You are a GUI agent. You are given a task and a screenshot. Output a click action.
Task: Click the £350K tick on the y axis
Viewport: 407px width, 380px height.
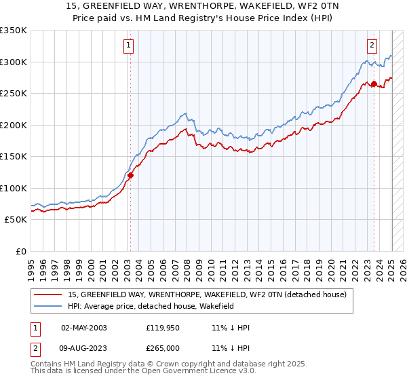(x=13, y=31)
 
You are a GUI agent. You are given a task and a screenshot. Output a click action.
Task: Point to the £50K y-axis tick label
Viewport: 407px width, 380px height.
(x=16, y=220)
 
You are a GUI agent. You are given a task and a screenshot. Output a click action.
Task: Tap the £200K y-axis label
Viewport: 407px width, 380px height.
(x=13, y=125)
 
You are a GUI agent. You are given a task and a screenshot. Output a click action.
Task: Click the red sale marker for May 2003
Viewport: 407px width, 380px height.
(x=131, y=175)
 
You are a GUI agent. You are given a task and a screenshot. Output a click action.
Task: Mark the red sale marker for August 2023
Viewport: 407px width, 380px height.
(x=374, y=84)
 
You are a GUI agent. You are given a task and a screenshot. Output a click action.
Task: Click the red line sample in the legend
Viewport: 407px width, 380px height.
(x=48, y=294)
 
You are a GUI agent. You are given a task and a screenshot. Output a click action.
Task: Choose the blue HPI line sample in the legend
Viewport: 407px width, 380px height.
(x=48, y=306)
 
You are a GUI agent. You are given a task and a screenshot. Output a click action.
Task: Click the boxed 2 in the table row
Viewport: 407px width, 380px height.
(x=35, y=348)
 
